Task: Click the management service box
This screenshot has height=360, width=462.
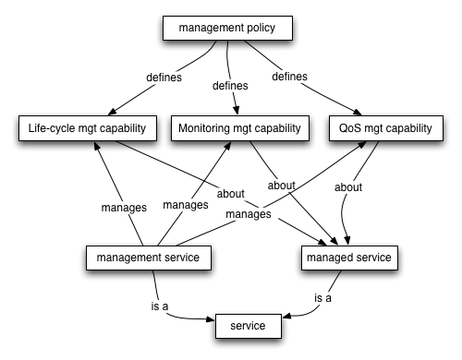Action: click(143, 257)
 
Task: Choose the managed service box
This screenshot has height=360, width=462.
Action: click(350, 257)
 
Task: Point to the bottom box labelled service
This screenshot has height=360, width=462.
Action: click(249, 326)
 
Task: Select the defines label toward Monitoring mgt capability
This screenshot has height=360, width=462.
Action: click(231, 86)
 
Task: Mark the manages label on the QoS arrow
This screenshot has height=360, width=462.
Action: click(247, 213)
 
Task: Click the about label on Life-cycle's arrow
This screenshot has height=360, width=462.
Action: click(231, 195)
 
